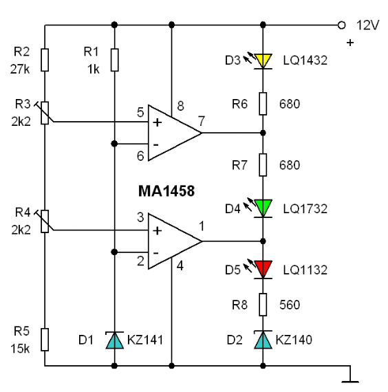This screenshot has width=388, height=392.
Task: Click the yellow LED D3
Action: pos(263,61)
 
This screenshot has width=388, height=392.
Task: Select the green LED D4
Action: pos(263,208)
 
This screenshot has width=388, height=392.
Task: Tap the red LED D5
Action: pos(263,270)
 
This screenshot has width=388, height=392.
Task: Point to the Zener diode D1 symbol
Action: pos(115,340)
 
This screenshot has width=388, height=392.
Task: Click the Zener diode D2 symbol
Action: pos(263,340)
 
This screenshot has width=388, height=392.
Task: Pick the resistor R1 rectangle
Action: pos(115,60)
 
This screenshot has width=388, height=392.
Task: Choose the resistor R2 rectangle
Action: pos(45,60)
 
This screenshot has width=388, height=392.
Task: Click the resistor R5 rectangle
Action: pos(45,340)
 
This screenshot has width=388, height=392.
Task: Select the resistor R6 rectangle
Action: pos(263,104)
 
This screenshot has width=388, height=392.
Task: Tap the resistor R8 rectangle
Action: pos(263,305)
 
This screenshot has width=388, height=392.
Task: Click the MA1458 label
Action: pos(166,191)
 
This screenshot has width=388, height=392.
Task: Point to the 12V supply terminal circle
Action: pos(341,25)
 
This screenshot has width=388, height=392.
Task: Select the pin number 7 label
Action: pos(202,121)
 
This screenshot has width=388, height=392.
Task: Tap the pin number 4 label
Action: pos(180,265)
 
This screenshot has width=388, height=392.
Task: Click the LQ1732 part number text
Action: pos(305,209)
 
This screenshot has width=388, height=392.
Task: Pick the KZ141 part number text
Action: pos(145,340)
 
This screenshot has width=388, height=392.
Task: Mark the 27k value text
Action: pos(20,69)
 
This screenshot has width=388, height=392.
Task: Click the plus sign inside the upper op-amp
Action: pos(158,122)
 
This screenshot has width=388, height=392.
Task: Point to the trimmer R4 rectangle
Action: pos(45,221)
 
